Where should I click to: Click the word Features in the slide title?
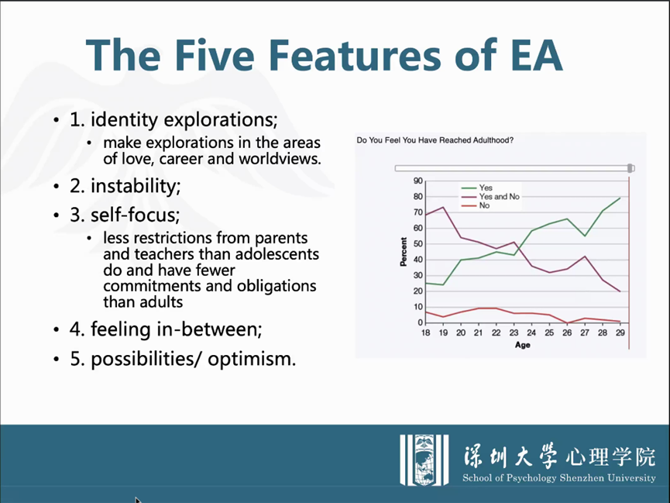click(356, 55)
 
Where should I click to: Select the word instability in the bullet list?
click(136, 186)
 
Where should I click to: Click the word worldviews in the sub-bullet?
click(280, 159)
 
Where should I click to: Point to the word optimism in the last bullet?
click(252, 359)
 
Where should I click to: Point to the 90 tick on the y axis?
click(417, 181)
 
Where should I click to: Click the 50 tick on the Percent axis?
click(417, 244)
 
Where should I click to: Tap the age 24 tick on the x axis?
click(531, 332)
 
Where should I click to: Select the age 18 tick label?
click(425, 332)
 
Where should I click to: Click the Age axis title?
click(523, 345)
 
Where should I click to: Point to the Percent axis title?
click(404, 252)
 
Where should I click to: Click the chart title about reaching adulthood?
click(435, 140)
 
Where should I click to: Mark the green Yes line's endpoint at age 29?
click(620, 198)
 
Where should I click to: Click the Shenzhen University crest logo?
click(424, 460)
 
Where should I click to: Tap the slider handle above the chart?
click(630, 168)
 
